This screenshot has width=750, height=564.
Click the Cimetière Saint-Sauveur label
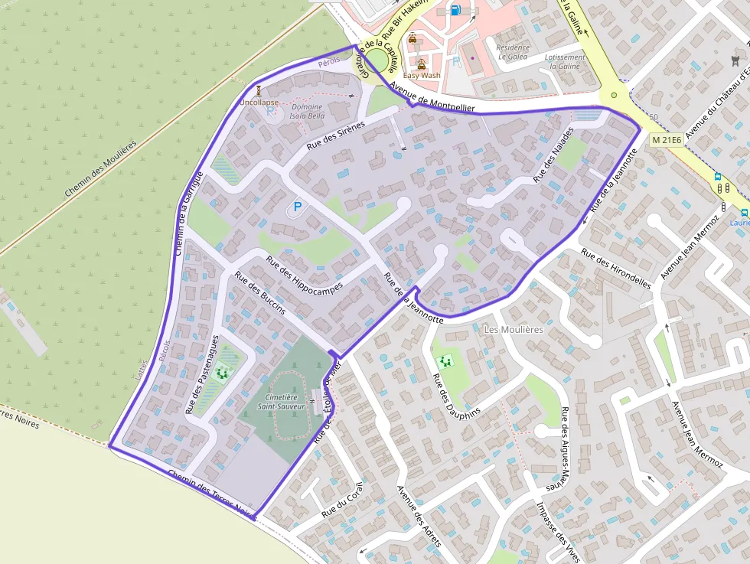[282, 403]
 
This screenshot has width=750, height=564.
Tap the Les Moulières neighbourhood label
[514, 329]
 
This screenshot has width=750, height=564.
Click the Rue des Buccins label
[260, 293]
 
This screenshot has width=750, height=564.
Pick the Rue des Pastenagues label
[202, 374]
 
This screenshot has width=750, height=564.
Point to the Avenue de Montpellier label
[431, 97]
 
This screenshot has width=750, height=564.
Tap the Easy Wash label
[422, 75]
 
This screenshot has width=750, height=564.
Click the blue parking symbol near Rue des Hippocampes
[298, 207]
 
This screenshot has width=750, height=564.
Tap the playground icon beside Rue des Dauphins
[444, 360]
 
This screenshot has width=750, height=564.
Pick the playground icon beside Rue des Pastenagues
[223, 373]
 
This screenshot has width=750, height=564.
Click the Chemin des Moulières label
[100, 168]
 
